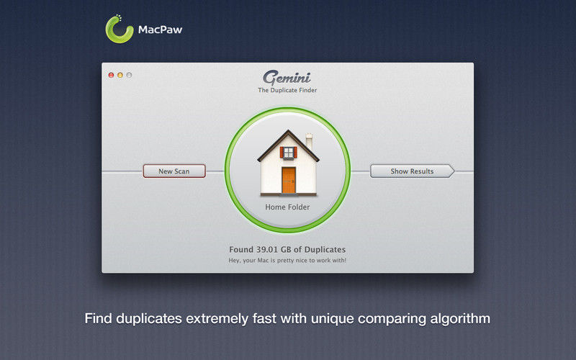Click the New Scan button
[x=174, y=171]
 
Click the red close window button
[x=111, y=75]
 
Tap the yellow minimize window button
[x=120, y=75]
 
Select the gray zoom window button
[x=129, y=75]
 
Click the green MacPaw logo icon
[x=119, y=30]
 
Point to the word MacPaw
[x=160, y=30]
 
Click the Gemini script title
[x=287, y=78]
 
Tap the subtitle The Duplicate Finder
[x=287, y=90]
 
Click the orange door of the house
[x=289, y=180]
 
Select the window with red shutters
[x=289, y=153]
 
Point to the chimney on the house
[x=310, y=141]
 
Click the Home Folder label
[x=287, y=207]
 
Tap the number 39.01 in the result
[x=267, y=249]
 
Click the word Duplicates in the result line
[x=325, y=249]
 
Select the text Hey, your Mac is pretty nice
[x=269, y=261]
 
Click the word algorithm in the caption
[x=460, y=318]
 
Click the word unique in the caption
[x=332, y=319]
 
